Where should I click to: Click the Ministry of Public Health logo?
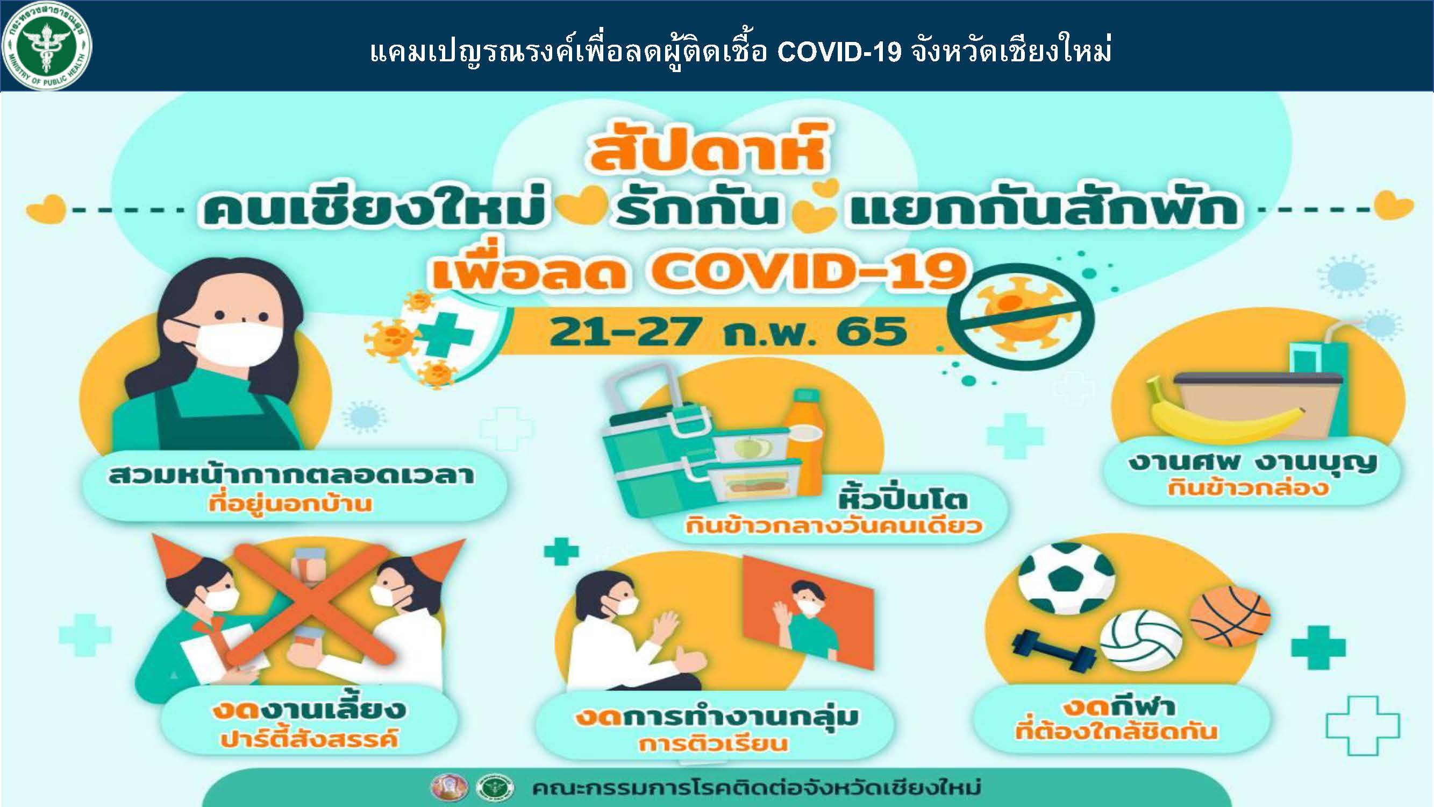click(47, 46)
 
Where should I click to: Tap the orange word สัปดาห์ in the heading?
click(708, 147)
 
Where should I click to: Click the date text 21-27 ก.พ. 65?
click(727, 332)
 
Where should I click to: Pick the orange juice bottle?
click(804, 442)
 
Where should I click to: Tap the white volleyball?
click(1141, 641)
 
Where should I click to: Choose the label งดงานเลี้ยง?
click(309, 710)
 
